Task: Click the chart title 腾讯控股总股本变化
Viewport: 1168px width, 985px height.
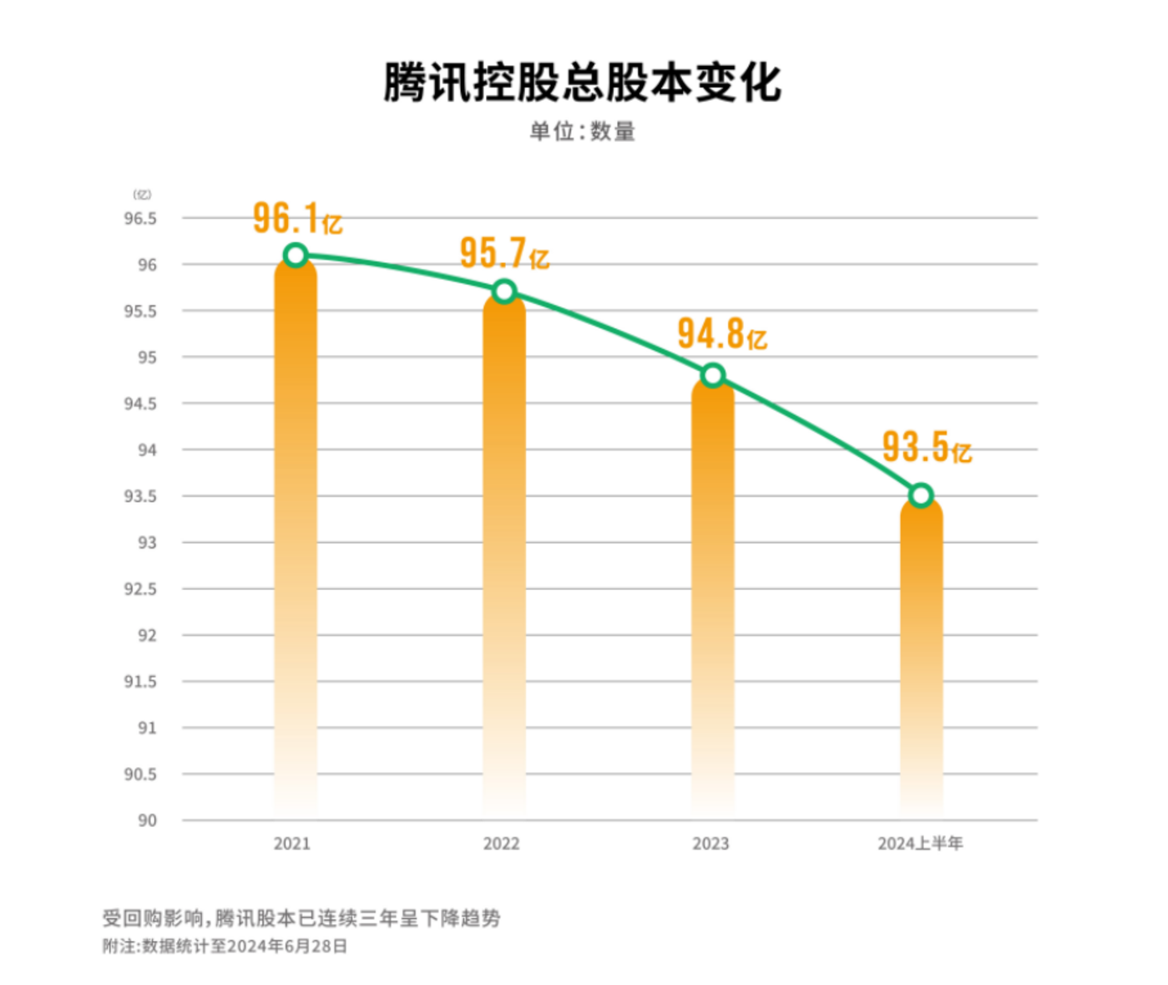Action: (583, 82)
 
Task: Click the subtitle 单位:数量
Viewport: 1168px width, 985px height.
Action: (583, 131)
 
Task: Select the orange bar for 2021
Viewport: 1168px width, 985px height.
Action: (296, 535)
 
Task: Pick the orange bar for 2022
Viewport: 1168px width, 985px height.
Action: (504, 551)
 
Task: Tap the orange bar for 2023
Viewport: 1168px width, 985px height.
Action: (712, 593)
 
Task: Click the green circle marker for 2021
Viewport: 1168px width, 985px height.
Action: (296, 255)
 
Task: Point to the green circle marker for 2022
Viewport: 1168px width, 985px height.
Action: (504, 292)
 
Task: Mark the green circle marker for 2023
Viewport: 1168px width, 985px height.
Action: (712, 375)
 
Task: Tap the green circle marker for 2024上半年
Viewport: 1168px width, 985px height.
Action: (921, 495)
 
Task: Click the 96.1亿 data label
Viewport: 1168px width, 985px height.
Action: (297, 219)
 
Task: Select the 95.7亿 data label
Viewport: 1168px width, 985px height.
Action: (504, 253)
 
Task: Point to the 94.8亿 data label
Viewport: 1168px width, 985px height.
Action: (721, 334)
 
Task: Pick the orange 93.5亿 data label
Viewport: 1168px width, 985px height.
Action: (927, 448)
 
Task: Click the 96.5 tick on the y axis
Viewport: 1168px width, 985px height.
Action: (140, 219)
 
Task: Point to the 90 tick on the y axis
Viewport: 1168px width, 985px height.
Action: (147, 820)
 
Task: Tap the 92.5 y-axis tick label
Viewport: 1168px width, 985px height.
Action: (140, 589)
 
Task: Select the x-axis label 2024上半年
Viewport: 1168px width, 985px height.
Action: (920, 844)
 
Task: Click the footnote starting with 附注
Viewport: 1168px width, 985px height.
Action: (225, 947)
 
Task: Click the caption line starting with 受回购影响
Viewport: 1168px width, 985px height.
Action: (301, 918)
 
